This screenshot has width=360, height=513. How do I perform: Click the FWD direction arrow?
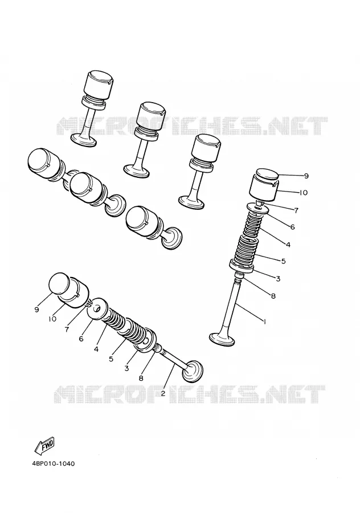[45, 446]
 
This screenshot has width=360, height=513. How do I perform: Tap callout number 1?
[264, 321]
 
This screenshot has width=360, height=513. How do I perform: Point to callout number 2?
[163, 393]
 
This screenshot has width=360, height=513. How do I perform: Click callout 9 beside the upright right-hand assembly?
[306, 176]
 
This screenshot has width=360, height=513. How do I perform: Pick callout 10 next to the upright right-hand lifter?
[303, 193]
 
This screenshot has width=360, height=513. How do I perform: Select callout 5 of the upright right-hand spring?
[283, 261]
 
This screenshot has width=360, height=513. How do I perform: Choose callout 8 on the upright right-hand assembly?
[273, 296]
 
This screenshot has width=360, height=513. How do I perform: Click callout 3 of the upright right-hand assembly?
[278, 279]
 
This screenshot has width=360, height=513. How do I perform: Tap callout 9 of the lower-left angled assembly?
[36, 309]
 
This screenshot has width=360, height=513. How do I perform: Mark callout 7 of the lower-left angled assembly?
[67, 329]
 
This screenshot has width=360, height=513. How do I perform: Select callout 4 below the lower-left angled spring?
[96, 349]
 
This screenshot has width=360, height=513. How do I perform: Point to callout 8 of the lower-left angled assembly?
[141, 378]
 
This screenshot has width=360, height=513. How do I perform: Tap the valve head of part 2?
[193, 371]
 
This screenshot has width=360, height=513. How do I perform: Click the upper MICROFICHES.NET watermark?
[193, 126]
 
